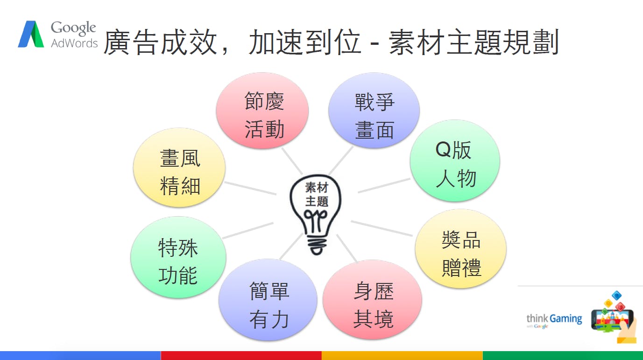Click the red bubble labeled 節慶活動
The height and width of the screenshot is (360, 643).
click(262, 111)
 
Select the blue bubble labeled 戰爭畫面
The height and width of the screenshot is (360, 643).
click(374, 111)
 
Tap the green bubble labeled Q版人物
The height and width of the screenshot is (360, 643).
click(455, 161)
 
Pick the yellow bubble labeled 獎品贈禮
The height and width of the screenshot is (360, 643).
click(461, 249)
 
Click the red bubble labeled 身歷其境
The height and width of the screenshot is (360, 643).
click(372, 300)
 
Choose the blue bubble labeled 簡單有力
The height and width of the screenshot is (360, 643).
click(268, 300)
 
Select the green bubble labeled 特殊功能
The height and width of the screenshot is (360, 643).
click(178, 257)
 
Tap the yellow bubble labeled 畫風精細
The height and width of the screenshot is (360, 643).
click(179, 168)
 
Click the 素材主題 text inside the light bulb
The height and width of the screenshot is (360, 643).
click(317, 194)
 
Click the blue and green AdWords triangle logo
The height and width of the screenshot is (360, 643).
click(31, 34)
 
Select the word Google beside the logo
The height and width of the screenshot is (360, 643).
click(73, 28)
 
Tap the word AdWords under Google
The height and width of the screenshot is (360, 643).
click(74, 43)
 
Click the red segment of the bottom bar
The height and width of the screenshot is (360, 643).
click(241, 355)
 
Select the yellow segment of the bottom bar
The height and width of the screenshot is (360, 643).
click(402, 355)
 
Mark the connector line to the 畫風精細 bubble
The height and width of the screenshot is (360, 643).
click(250, 188)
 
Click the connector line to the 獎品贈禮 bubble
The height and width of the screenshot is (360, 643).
click(382, 228)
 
